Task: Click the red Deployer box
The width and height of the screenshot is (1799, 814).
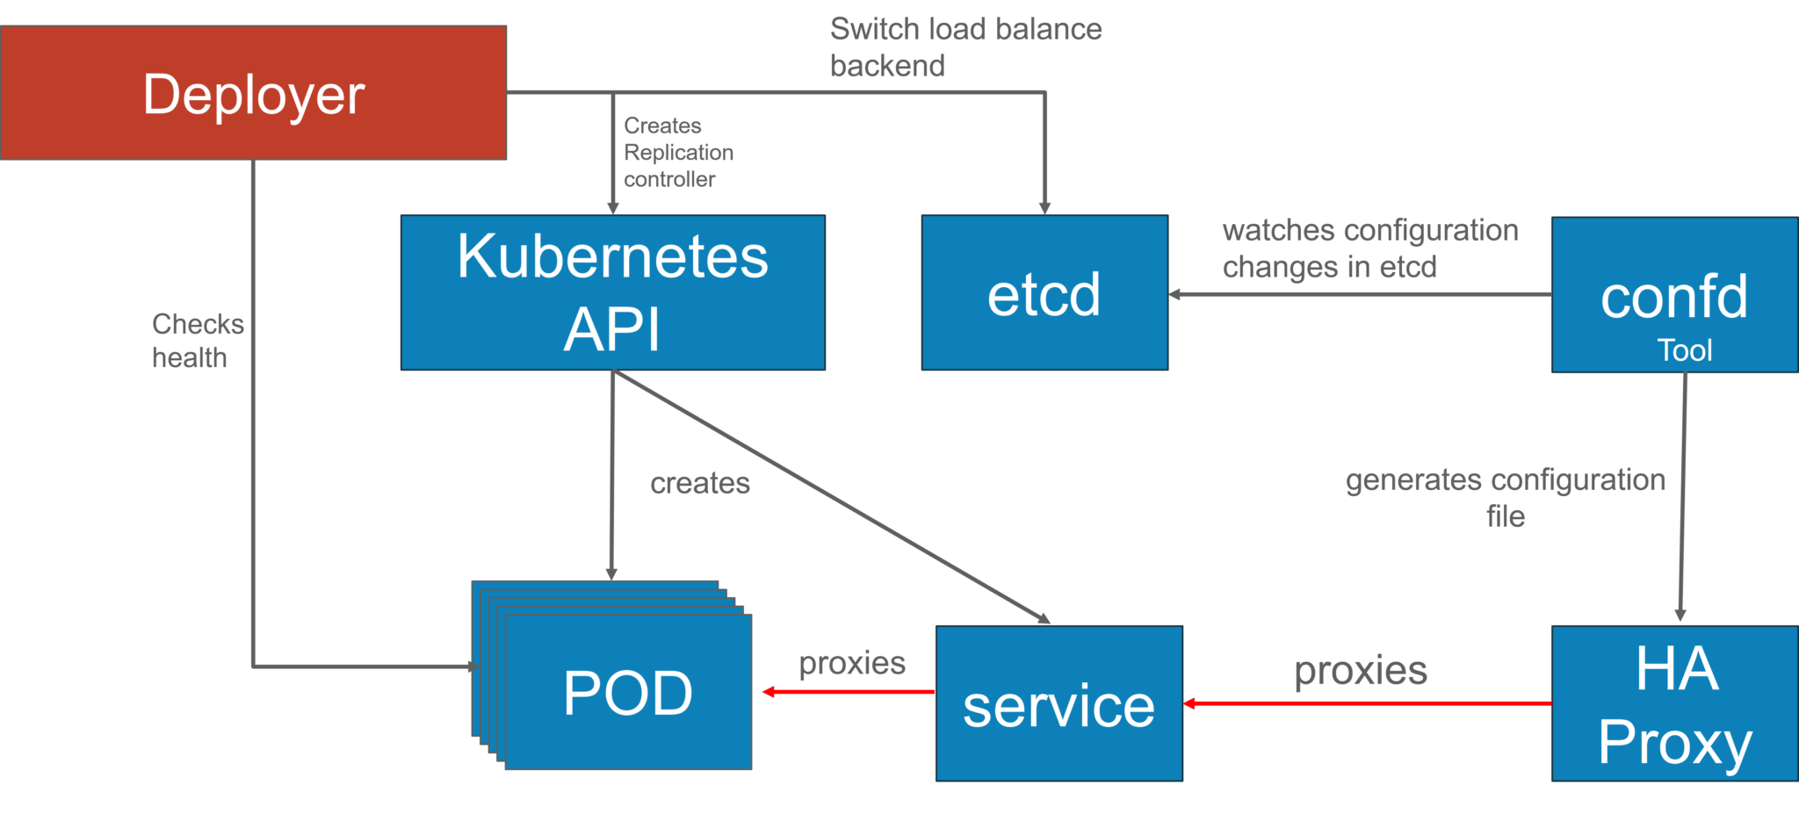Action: coord(253,92)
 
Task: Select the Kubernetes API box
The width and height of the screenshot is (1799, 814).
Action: coord(613,292)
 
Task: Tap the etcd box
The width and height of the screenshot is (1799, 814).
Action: coord(1044,292)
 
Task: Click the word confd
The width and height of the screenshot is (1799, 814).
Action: coord(1674,297)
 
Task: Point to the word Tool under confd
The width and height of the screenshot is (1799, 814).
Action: coord(1685,350)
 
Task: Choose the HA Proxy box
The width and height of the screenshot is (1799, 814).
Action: coord(1675,703)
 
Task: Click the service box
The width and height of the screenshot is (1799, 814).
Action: coord(1059,703)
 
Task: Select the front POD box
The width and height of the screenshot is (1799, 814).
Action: coord(628,692)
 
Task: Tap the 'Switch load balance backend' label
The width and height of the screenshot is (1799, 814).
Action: coord(966,47)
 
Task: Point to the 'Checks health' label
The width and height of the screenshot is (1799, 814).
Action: coord(198,341)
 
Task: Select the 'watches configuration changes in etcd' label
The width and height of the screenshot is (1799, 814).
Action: coord(1370,249)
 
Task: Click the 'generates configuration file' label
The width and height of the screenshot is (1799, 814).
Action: coord(1506,497)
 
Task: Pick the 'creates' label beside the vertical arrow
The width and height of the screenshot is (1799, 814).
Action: coord(700,483)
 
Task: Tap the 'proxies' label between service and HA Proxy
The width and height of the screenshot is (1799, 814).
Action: coord(1361,671)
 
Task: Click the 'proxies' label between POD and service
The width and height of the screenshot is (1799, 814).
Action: coord(852,663)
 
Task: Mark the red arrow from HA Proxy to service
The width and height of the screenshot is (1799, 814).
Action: coord(1368,703)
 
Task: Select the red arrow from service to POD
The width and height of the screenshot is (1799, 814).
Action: coord(849,692)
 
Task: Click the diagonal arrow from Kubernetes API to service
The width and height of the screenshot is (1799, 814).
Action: coord(831,497)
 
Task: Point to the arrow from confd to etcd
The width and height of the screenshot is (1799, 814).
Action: coord(1360,294)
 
